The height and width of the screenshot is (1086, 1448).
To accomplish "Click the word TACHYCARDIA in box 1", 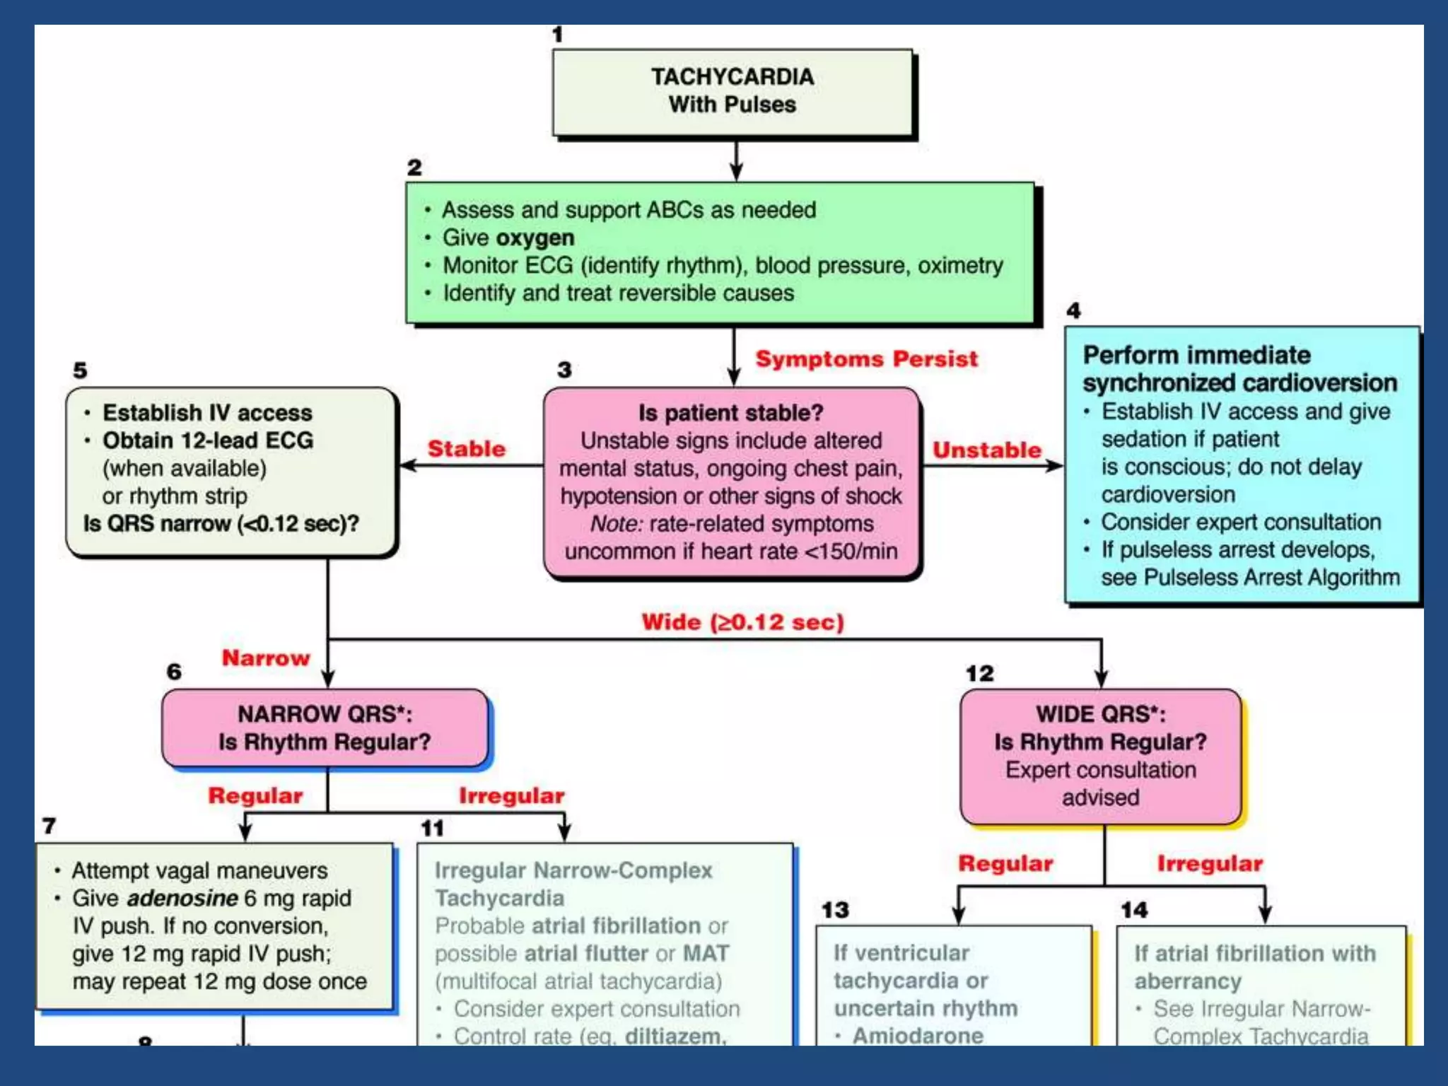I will point(732,76).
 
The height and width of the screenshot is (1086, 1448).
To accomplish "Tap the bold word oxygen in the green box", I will point(534,238).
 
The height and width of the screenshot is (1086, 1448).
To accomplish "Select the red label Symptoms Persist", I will point(866,358).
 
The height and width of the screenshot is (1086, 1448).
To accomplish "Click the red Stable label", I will point(467,448).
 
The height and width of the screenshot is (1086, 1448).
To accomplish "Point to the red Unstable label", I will point(986,450).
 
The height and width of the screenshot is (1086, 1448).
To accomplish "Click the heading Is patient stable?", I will point(730,412).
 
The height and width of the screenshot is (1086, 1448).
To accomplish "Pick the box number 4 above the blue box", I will point(1073,310).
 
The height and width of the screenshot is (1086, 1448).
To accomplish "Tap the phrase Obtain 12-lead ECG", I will point(208,440).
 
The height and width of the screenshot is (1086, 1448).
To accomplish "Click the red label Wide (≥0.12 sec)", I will point(742,622).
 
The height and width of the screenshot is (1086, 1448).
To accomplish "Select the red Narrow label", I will point(266,658).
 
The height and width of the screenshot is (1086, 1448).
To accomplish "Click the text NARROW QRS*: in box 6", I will point(325,714).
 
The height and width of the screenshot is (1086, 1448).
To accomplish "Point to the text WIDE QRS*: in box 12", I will point(1100,714).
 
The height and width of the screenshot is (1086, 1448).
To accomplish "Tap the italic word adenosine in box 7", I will point(182,898).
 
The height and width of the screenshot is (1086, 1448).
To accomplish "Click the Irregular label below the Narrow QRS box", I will point(511,795).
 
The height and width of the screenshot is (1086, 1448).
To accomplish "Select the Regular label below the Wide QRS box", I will point(1005,863).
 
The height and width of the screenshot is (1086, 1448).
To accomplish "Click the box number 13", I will point(834,910).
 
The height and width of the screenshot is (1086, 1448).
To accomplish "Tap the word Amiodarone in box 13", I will point(917,1036).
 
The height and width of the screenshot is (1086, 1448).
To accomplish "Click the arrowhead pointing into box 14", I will point(1265,916).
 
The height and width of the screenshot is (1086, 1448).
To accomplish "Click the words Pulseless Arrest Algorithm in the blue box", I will point(1271,578).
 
